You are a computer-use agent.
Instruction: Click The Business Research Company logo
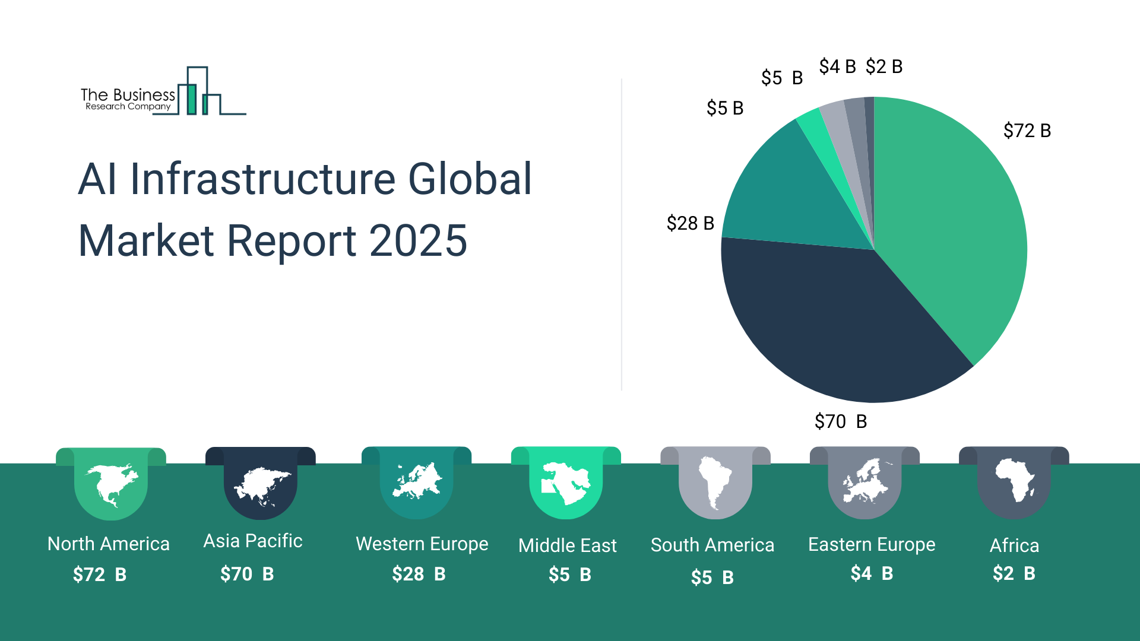163,93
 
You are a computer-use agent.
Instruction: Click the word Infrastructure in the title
262,179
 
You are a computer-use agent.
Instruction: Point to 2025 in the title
418,241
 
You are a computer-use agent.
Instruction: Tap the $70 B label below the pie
841,421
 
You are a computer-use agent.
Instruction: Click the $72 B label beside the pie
1027,131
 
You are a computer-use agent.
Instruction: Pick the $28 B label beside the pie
690,223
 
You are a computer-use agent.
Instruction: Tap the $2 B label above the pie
884,66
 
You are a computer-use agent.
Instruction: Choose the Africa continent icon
1014,480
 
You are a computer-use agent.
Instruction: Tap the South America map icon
715,482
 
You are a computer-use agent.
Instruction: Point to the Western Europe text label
422,544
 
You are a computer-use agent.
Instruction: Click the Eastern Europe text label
871,544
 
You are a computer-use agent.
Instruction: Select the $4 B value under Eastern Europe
871,573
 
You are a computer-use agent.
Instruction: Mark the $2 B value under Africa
1014,573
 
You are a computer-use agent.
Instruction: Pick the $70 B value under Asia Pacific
247,574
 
